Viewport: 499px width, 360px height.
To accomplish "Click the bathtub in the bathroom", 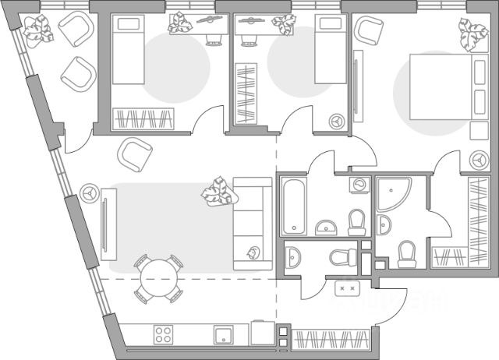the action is [294, 206].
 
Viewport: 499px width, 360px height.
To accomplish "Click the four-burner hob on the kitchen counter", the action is [165, 334].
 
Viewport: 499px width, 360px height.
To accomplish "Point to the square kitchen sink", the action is [223, 335].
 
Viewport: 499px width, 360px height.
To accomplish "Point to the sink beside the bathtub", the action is [326, 227].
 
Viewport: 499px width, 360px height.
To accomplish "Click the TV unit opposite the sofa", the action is [103, 226].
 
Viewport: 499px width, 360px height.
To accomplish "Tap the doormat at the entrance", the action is [346, 289].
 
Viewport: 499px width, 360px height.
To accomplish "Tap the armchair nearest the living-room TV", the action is [133, 156].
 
